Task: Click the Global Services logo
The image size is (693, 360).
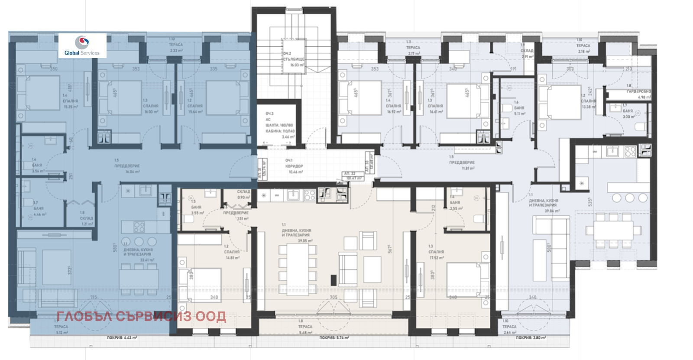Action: point(82,45)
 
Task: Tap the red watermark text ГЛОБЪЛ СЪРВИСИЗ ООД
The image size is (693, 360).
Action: point(141,317)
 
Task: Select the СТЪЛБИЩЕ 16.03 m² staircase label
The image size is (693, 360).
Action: point(294,59)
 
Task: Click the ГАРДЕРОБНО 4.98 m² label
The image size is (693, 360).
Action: point(638,94)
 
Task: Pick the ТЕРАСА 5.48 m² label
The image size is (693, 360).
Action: point(305,329)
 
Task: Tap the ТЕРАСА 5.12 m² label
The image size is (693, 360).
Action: point(61,329)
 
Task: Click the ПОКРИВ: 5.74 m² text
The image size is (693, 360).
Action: point(334,337)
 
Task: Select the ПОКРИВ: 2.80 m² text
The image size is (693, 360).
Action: point(531,337)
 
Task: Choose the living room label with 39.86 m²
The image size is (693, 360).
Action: point(544,205)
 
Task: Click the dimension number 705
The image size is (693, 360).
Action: point(333,297)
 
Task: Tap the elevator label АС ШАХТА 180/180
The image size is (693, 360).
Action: point(279,125)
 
